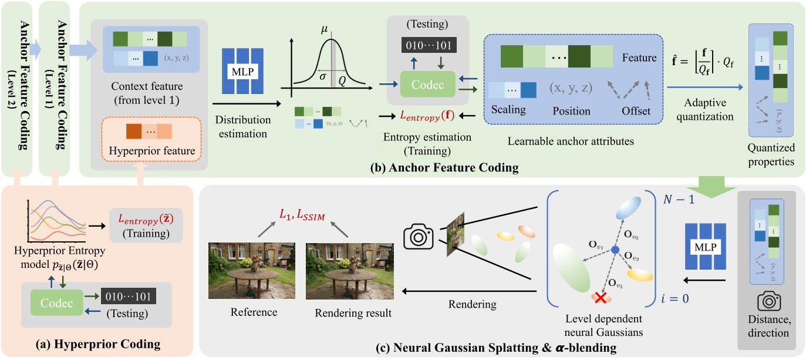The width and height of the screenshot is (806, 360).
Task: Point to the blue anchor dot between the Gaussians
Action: click(x=615, y=250)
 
